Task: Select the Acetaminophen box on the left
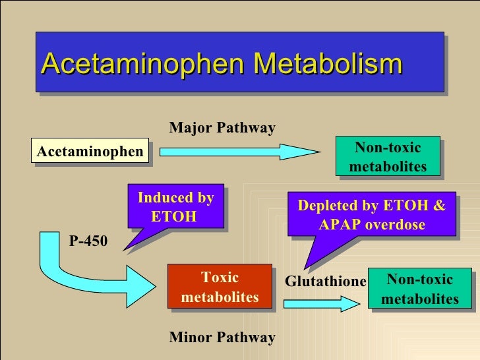(x=90, y=152)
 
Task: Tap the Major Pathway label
(x=222, y=128)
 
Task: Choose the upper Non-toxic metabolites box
(x=388, y=157)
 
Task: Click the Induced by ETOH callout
(x=175, y=206)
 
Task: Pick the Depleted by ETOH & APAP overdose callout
(x=371, y=215)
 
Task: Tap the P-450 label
(x=88, y=242)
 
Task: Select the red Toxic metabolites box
(x=220, y=287)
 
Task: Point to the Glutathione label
(x=325, y=282)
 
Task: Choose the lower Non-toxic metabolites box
(x=419, y=289)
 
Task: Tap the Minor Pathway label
(x=222, y=338)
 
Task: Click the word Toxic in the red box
(x=220, y=278)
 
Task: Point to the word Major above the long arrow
(x=190, y=128)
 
